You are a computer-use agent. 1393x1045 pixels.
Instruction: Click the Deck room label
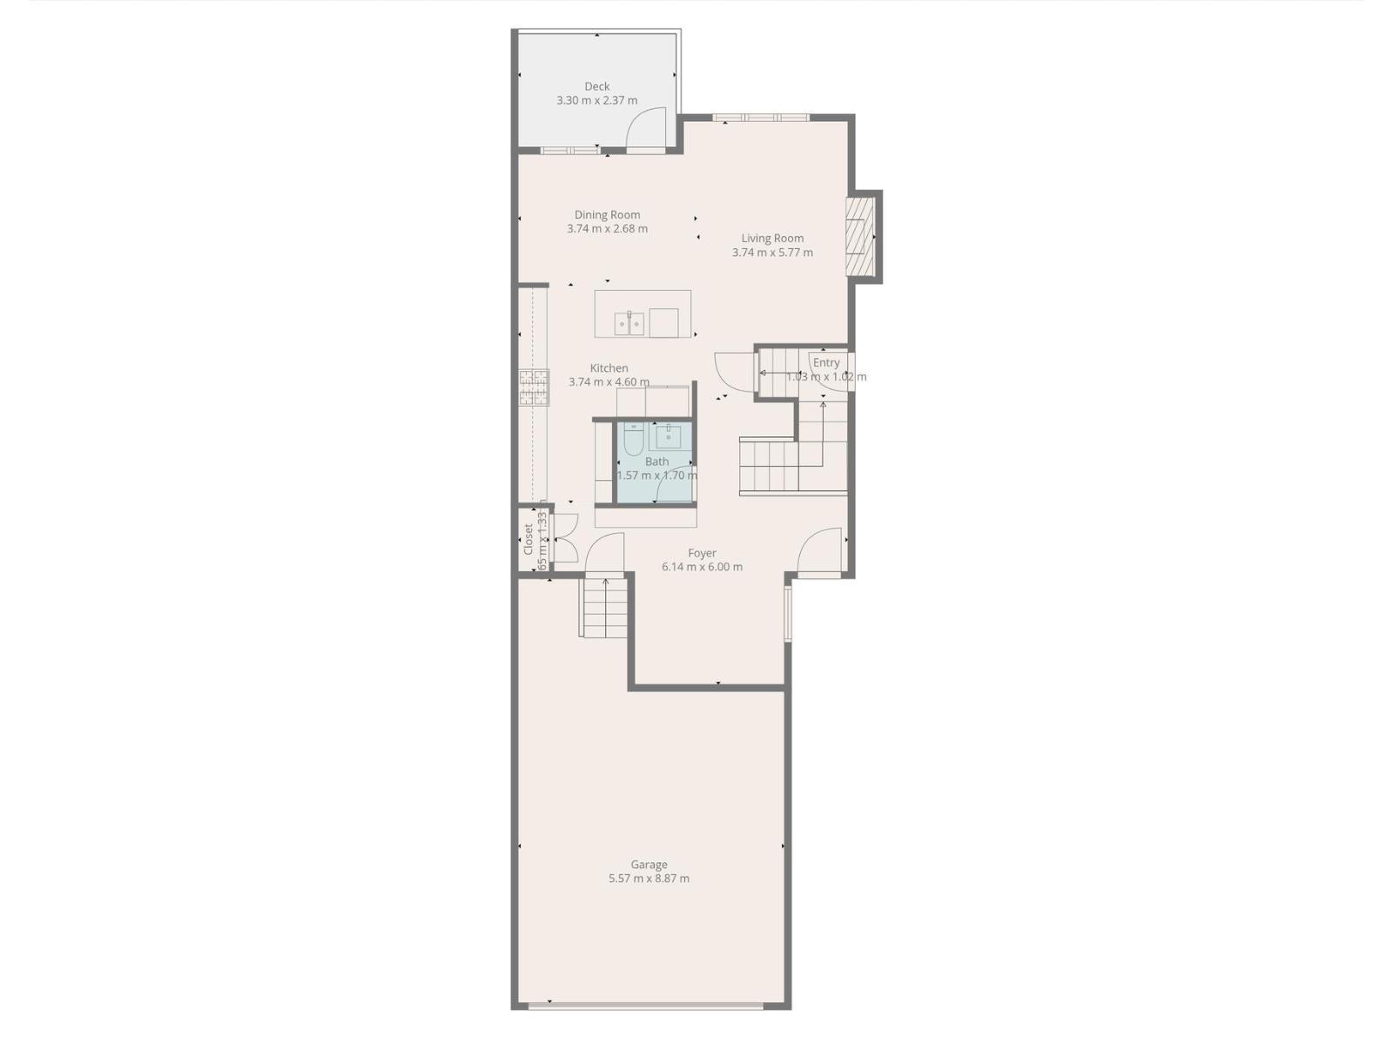(x=597, y=86)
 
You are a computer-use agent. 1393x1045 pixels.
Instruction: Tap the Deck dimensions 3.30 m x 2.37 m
(x=597, y=100)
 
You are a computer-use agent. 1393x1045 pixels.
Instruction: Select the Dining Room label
(x=607, y=214)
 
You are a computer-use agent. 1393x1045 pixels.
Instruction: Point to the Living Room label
(x=772, y=238)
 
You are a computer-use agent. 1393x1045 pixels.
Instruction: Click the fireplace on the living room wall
(x=861, y=237)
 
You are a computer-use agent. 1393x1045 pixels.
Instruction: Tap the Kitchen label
(x=609, y=367)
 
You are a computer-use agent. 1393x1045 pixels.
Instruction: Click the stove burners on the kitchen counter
(x=535, y=388)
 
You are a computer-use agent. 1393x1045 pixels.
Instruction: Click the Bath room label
(x=657, y=462)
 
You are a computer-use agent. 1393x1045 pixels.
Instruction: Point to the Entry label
(x=826, y=362)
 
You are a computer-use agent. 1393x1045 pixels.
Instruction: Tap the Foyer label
(x=702, y=553)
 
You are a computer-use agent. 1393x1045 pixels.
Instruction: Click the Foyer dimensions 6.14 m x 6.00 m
(x=702, y=567)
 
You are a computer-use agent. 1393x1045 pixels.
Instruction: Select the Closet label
(x=528, y=539)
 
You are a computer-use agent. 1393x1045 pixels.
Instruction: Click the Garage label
(x=649, y=865)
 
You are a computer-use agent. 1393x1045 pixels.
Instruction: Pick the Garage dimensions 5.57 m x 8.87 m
(x=649, y=879)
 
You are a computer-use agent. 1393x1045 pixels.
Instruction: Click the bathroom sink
(x=669, y=435)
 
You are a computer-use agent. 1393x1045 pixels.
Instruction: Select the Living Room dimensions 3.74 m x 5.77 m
(x=772, y=253)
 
